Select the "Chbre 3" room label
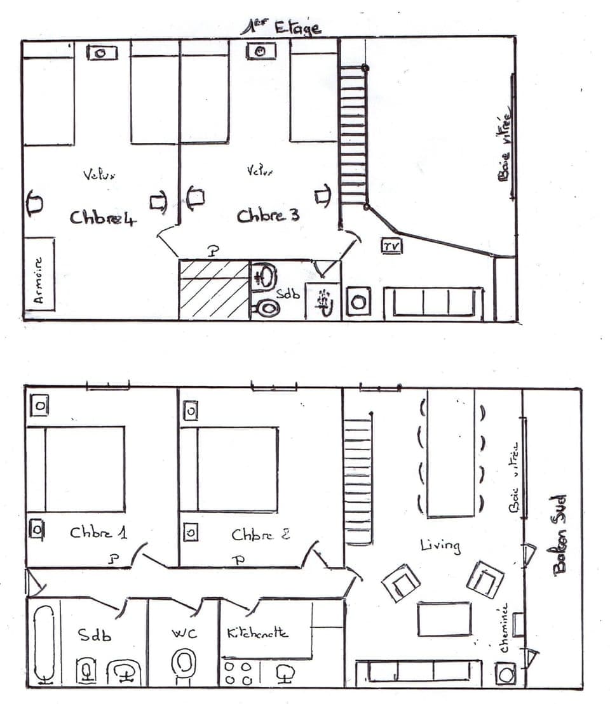pyautogui.click(x=268, y=216)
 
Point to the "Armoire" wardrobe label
pyautogui.click(x=39, y=279)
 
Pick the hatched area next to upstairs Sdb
pyautogui.click(x=213, y=289)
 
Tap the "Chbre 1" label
pyautogui.click(x=98, y=533)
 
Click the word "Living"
pyautogui.click(x=440, y=545)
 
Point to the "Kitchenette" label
pyautogui.click(x=257, y=633)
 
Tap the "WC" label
pyautogui.click(x=184, y=634)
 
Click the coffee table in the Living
pyautogui.click(x=444, y=618)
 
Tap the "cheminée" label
pyautogui.click(x=505, y=628)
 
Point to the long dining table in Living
pyautogui.click(x=451, y=453)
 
